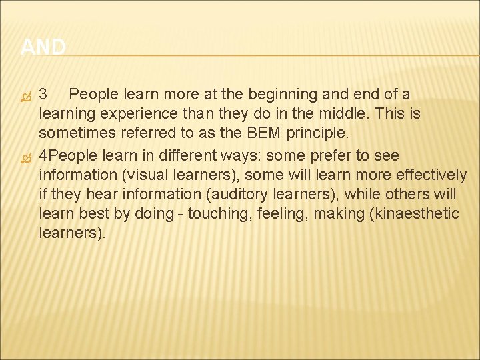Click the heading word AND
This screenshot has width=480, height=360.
click(43, 47)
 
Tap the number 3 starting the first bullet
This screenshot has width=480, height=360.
click(43, 94)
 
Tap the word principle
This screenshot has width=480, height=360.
click(319, 133)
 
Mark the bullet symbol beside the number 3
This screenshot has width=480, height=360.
click(26, 95)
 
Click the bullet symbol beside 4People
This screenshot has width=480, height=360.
click(26, 157)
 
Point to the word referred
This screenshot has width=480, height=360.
click(149, 133)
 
